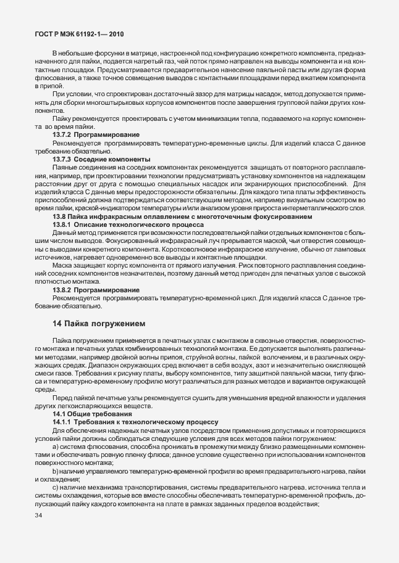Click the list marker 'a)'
click(x=56, y=446)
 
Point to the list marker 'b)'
click(x=56, y=471)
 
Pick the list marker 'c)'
click(x=56, y=488)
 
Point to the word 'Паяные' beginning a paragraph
click(x=65, y=167)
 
